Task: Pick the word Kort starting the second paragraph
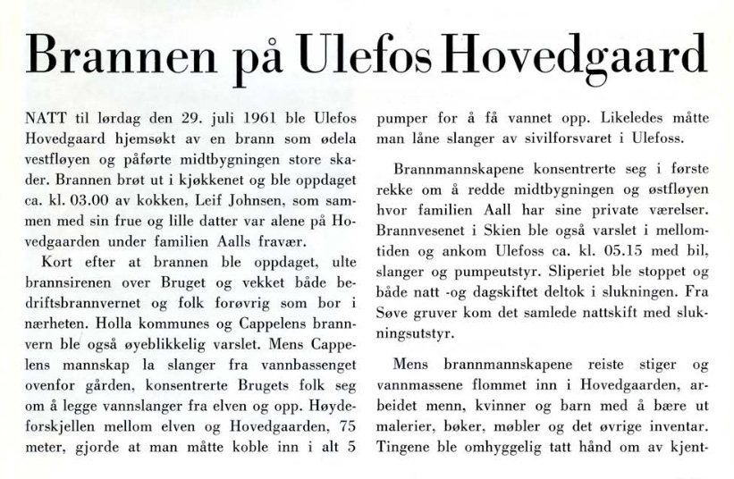56,261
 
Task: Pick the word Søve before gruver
393,311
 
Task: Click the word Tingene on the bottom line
405,446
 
